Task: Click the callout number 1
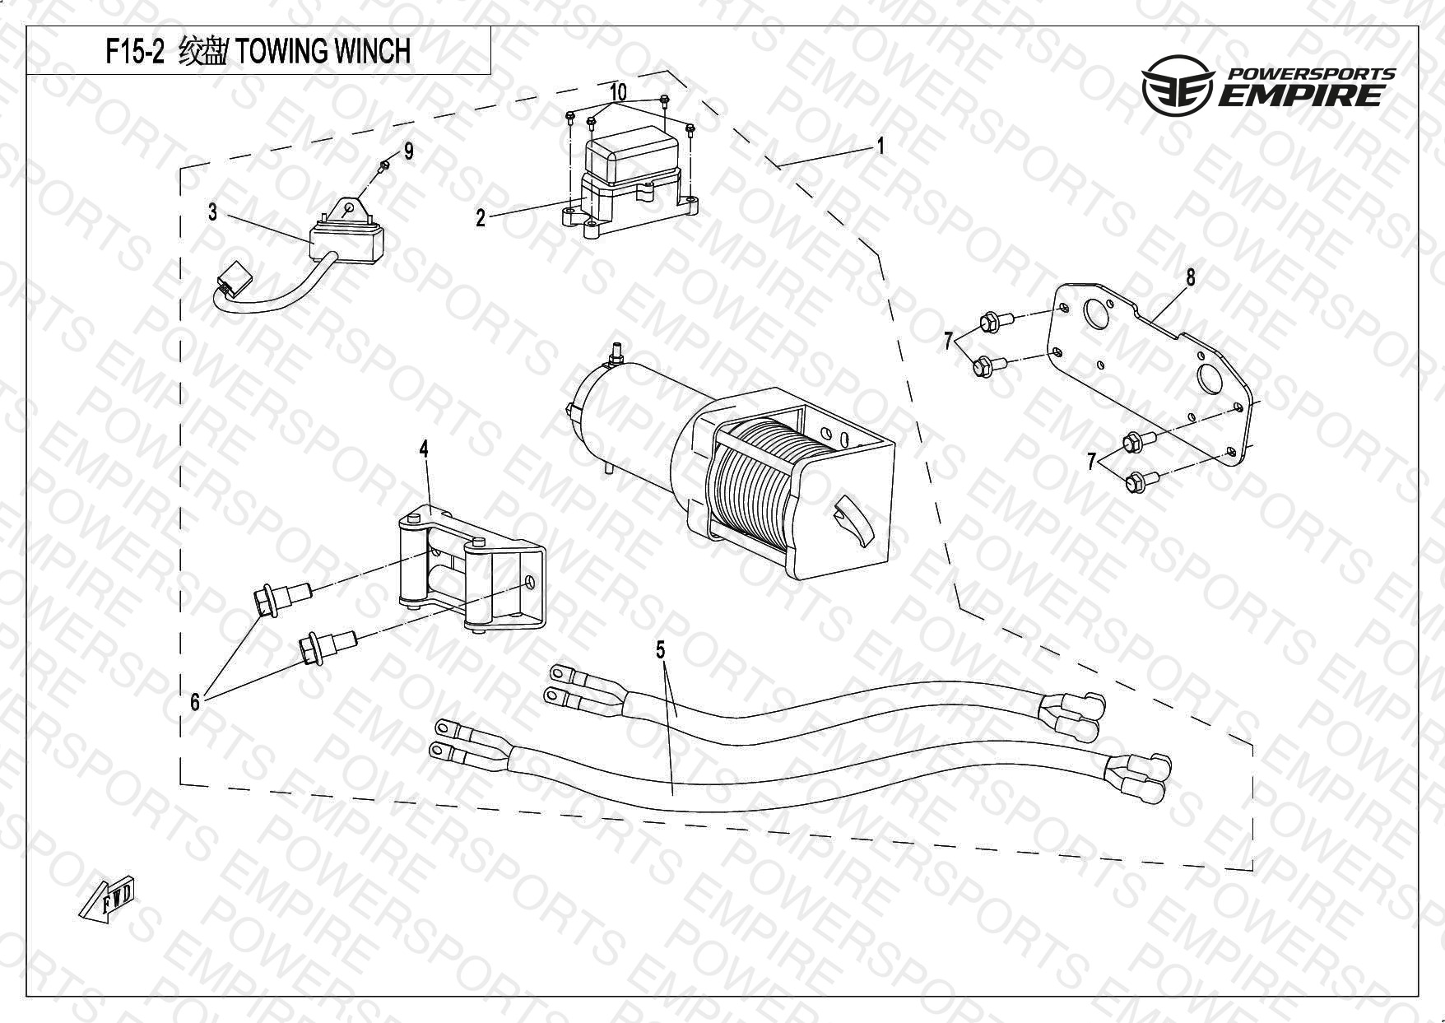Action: (880, 146)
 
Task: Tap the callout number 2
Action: (481, 218)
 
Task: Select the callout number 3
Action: (212, 212)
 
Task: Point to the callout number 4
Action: (424, 449)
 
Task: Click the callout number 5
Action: (660, 650)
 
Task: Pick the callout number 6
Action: (195, 701)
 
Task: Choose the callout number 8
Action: (1191, 277)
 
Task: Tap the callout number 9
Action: (408, 151)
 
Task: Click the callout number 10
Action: (619, 91)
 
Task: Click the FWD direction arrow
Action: (107, 901)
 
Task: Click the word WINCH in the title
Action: (370, 52)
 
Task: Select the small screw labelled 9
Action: (383, 168)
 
